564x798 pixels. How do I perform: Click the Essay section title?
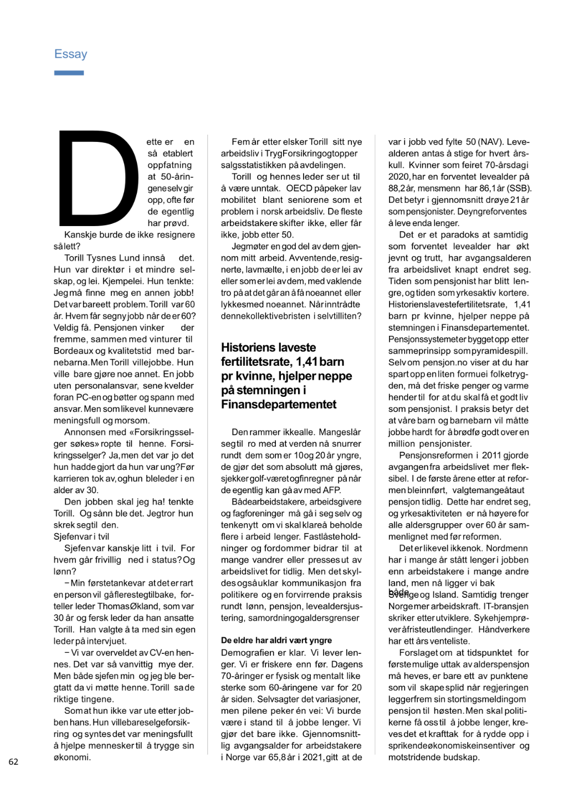(70, 54)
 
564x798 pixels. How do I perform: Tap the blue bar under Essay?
(69, 73)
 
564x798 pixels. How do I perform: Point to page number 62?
(13, 761)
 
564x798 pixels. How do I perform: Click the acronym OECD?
(299, 188)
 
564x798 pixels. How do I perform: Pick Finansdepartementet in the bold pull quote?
(278, 405)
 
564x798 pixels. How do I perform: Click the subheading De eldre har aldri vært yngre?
(276, 641)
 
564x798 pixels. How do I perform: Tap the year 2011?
(491, 456)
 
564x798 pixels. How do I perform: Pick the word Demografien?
(245, 653)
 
